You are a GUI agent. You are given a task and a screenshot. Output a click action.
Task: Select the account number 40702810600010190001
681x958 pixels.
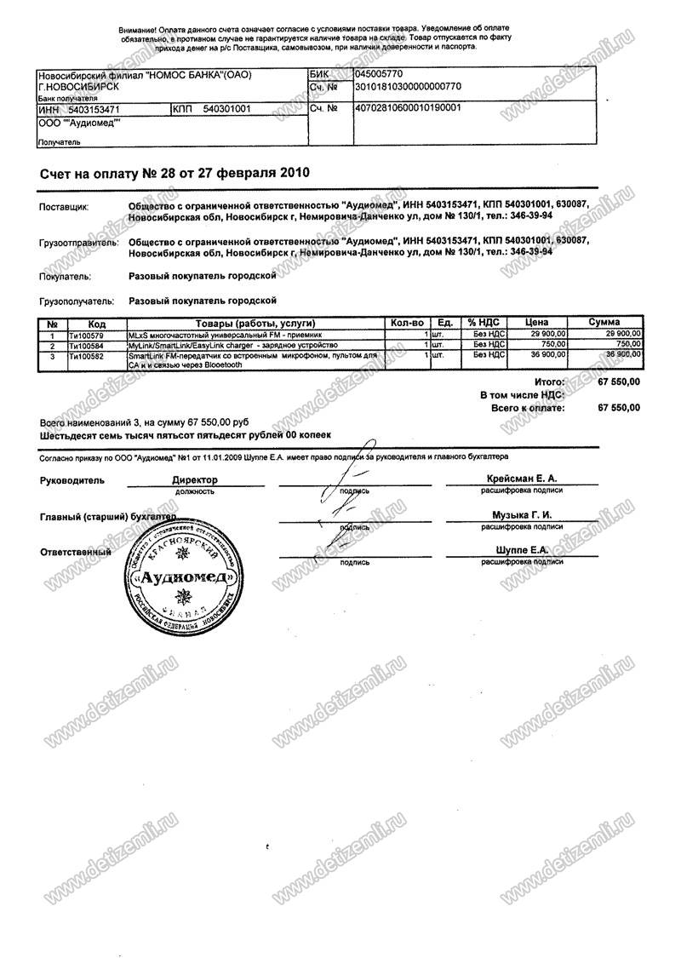[x=407, y=109]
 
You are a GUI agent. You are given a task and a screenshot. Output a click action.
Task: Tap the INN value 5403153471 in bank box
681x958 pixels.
[x=93, y=110]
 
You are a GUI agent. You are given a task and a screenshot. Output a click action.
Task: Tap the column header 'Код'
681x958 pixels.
[x=96, y=324]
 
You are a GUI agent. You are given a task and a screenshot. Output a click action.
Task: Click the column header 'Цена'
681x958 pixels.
[x=536, y=324]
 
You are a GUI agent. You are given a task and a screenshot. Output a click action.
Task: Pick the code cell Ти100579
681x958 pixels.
[x=87, y=335]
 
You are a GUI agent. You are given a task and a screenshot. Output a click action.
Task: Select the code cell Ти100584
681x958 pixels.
[x=87, y=345]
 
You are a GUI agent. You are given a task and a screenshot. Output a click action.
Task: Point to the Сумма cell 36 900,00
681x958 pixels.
[x=621, y=355]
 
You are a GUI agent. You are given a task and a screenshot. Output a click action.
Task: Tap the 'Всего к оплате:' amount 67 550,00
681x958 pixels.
[x=619, y=409]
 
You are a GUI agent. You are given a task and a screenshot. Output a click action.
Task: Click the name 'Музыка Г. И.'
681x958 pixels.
[x=522, y=515]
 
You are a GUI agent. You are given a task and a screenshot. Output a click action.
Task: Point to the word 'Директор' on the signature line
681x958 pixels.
[x=195, y=480]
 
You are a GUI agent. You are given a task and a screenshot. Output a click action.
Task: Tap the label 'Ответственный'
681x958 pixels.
[x=77, y=552]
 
